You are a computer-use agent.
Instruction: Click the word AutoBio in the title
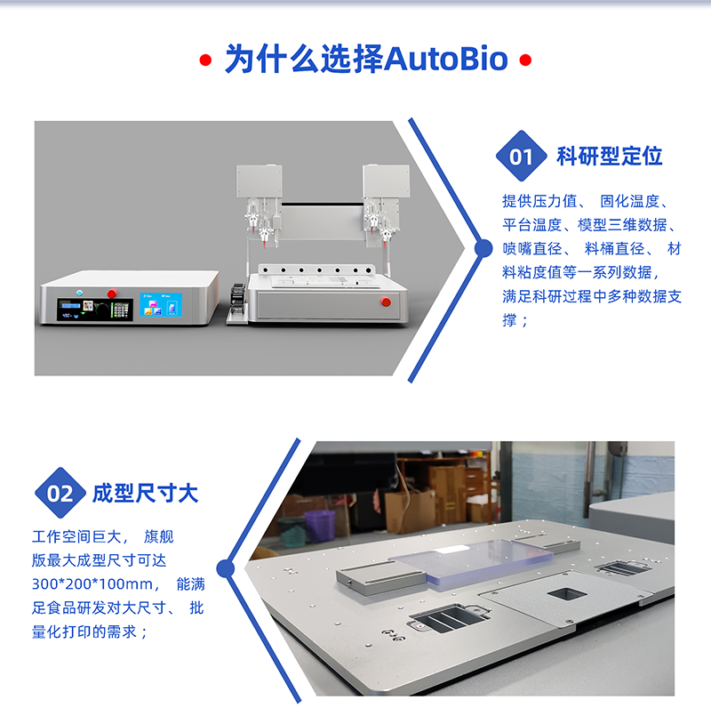(x=445, y=59)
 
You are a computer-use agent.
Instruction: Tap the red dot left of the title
(x=205, y=60)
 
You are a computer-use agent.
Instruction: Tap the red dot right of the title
(x=525, y=60)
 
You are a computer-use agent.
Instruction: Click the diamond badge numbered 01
(x=522, y=156)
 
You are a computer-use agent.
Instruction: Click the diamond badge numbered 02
(x=60, y=493)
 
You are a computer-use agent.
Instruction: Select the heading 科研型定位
(x=610, y=156)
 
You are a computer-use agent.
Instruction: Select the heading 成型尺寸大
(x=146, y=493)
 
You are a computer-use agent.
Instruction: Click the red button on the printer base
(x=386, y=302)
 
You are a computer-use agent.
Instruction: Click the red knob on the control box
(x=112, y=294)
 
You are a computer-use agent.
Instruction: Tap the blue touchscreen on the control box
(x=161, y=305)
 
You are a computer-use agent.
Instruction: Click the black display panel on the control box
(x=95, y=310)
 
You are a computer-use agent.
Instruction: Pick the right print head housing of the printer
(x=387, y=181)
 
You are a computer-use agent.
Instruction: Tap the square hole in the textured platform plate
(x=567, y=594)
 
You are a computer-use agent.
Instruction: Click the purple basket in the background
(x=319, y=526)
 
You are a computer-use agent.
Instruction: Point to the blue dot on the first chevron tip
(x=483, y=248)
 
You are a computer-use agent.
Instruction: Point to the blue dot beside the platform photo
(x=226, y=568)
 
